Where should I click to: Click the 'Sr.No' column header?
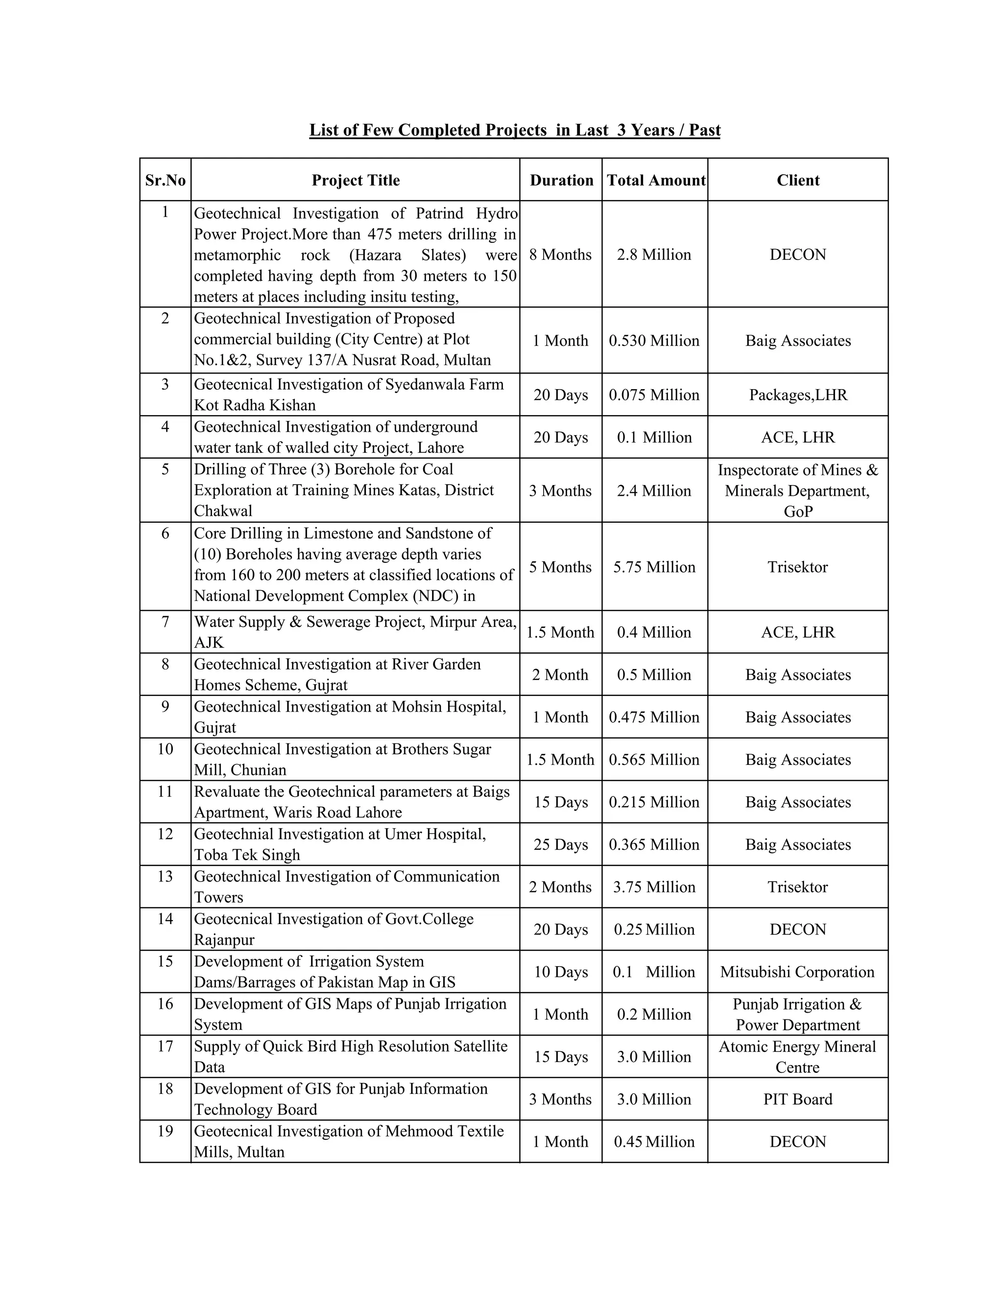(x=165, y=180)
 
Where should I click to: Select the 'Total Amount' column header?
(x=655, y=180)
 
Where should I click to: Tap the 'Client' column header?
(x=797, y=180)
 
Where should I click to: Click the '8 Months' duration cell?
(x=560, y=255)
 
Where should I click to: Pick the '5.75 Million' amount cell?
(x=654, y=567)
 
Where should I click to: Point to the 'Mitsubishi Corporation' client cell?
(x=797, y=972)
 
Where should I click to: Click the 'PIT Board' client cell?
(x=797, y=1099)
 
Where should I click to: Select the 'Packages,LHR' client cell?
(x=797, y=395)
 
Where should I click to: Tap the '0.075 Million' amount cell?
(x=654, y=395)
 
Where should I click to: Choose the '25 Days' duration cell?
(x=560, y=844)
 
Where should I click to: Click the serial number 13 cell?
(x=165, y=877)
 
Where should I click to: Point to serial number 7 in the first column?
(x=165, y=622)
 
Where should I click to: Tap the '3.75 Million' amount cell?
(x=654, y=887)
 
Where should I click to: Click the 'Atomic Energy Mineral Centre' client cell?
(x=797, y=1057)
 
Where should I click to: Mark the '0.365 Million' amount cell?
(x=654, y=844)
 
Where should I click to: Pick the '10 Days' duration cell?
(x=560, y=972)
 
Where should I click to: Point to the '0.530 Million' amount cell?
(x=654, y=341)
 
